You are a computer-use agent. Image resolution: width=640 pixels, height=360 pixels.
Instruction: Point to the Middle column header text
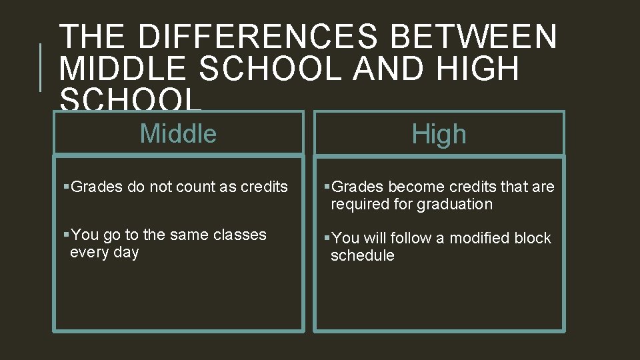[x=178, y=133]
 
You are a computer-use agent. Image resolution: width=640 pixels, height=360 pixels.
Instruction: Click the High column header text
[x=439, y=135]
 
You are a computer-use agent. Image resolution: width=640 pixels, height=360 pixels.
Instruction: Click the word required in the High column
[x=359, y=204]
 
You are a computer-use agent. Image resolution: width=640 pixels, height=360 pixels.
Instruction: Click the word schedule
[x=362, y=255]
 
